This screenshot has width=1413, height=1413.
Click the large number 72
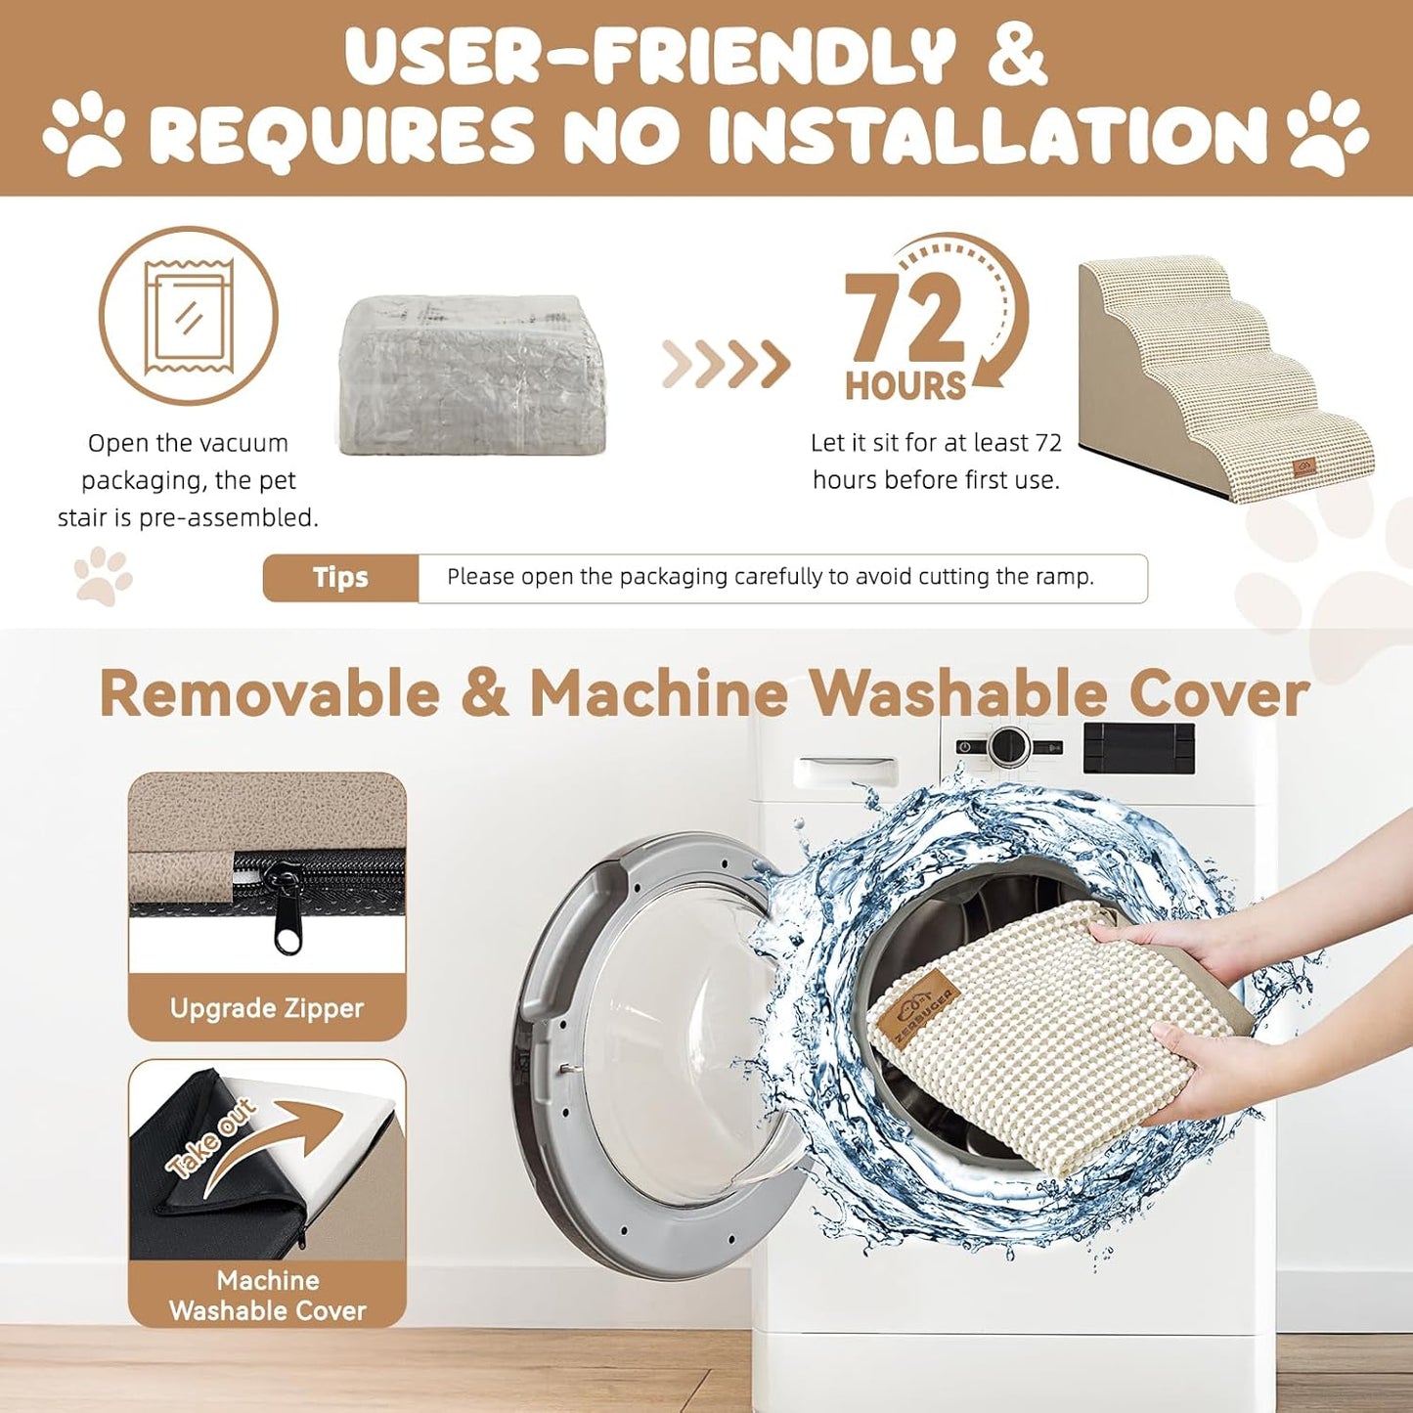click(905, 319)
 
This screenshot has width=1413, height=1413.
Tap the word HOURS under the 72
click(905, 386)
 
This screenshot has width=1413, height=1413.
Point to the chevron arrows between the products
click(726, 364)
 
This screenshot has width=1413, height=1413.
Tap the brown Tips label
click(341, 578)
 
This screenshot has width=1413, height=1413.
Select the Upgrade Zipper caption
click(267, 1008)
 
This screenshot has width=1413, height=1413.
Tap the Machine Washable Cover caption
click(268, 1296)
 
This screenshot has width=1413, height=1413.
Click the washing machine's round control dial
click(1009, 746)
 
